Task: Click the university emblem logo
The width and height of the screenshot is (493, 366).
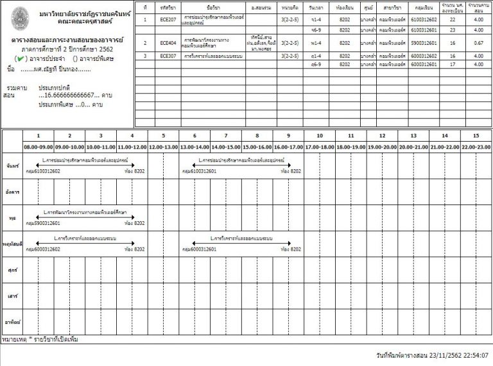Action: (x=21, y=16)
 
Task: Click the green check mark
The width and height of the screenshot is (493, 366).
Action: (x=21, y=58)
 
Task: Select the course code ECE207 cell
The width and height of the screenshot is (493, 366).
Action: (x=168, y=20)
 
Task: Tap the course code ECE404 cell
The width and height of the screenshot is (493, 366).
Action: (x=168, y=43)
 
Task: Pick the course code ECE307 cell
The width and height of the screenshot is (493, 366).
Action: (x=168, y=56)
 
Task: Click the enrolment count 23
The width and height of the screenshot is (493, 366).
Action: (x=452, y=29)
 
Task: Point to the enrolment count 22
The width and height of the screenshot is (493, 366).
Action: (x=452, y=20)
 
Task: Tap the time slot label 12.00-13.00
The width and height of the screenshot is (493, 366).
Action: (x=163, y=147)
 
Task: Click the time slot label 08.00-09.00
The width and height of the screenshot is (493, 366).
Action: (x=39, y=147)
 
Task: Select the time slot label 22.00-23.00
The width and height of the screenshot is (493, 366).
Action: (x=476, y=147)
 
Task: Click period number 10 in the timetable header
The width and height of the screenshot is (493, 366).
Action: (x=320, y=136)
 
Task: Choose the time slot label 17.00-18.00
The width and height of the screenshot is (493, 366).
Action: (x=320, y=147)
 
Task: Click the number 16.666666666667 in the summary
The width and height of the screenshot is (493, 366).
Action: (x=69, y=95)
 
